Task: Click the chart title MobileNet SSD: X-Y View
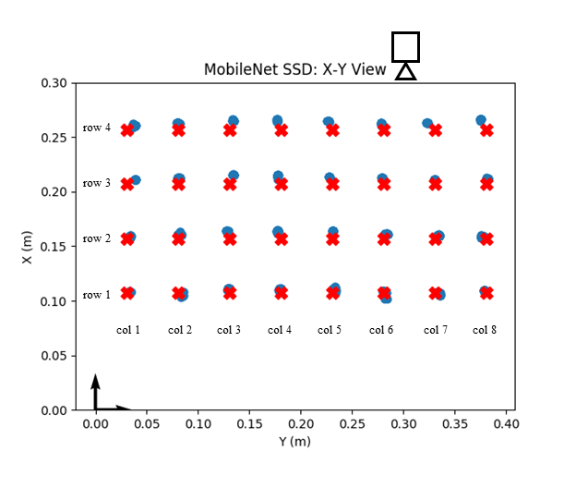[x=295, y=69]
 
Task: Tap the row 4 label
[x=96, y=128]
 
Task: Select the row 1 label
[x=96, y=295]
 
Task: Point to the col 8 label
[x=486, y=329]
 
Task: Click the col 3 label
[x=229, y=329]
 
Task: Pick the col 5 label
[x=330, y=329]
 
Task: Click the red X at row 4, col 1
[x=127, y=130]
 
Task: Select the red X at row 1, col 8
[x=486, y=293]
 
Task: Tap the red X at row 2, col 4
[x=282, y=239]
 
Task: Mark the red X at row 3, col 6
[x=384, y=184]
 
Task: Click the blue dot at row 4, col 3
[x=234, y=121]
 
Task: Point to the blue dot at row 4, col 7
[x=427, y=123]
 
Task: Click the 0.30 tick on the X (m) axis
[x=54, y=83]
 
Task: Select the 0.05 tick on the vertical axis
[x=54, y=356]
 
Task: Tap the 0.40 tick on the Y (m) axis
[x=505, y=423]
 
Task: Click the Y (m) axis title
[x=295, y=442]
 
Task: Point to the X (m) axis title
[x=27, y=247]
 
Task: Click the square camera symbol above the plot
[x=405, y=46]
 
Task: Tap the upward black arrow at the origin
[x=95, y=388]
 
